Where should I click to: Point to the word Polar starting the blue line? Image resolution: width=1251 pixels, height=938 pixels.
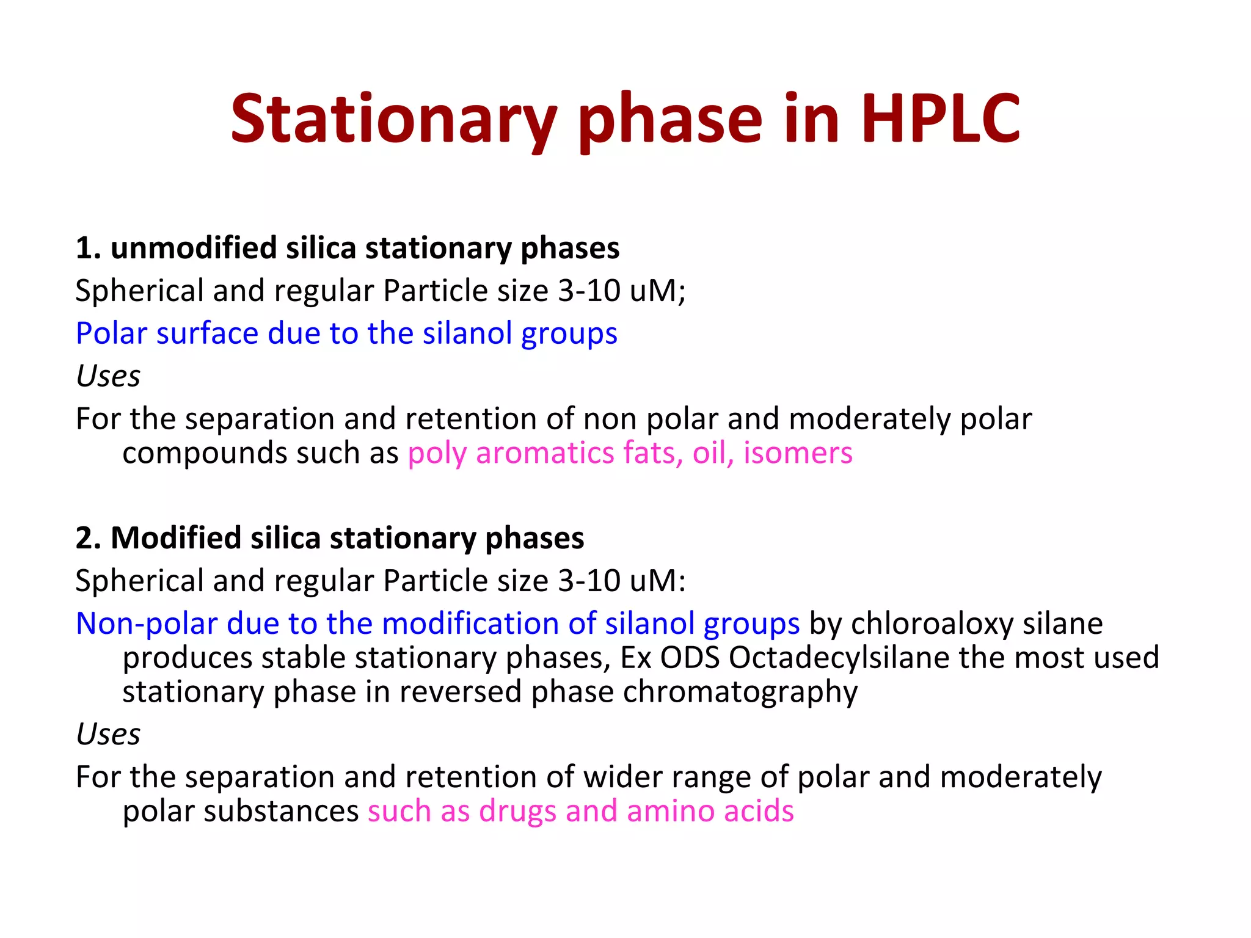coord(111,333)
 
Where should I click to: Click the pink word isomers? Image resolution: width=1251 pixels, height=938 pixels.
coord(797,453)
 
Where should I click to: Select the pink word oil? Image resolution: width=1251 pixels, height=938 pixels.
coord(713,453)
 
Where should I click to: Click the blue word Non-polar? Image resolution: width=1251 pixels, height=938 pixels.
coord(147,624)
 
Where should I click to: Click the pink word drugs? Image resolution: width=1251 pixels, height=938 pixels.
coord(517,811)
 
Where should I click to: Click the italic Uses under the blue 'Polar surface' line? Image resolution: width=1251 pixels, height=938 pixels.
coord(108,376)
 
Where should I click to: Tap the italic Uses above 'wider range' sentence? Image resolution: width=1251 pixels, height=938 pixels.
coord(108,733)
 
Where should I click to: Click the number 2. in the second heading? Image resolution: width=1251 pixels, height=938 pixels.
coord(88,538)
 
